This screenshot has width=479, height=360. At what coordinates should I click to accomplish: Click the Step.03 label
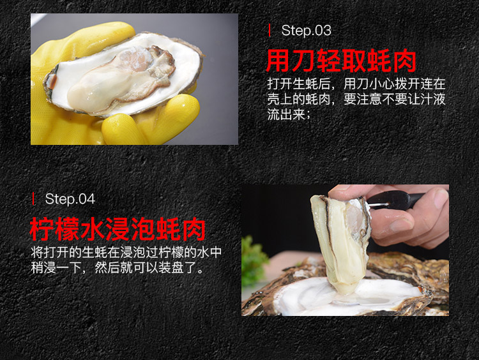pos(306,31)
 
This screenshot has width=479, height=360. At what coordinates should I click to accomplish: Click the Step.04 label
pos(70,199)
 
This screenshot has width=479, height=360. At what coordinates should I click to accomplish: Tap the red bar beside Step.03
pos(269,31)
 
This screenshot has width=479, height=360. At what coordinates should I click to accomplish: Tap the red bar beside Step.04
pos(33,199)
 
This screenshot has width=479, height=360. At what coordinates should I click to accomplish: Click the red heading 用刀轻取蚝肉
pos(341,61)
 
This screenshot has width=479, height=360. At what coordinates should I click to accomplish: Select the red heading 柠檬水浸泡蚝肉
pos(118,229)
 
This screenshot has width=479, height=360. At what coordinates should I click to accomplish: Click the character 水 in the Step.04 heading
pos(93,229)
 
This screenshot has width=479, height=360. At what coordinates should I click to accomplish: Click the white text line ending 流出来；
pos(289,115)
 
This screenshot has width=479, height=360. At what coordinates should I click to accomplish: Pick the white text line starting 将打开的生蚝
pos(126,252)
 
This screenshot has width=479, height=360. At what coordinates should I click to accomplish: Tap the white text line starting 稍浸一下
pos(117,268)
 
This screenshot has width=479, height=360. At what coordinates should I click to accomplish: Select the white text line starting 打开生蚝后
pos(356,84)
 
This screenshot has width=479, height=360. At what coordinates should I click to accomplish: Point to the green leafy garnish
pos(254,262)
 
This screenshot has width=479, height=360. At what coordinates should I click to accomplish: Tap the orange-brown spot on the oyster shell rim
pos(53,82)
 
